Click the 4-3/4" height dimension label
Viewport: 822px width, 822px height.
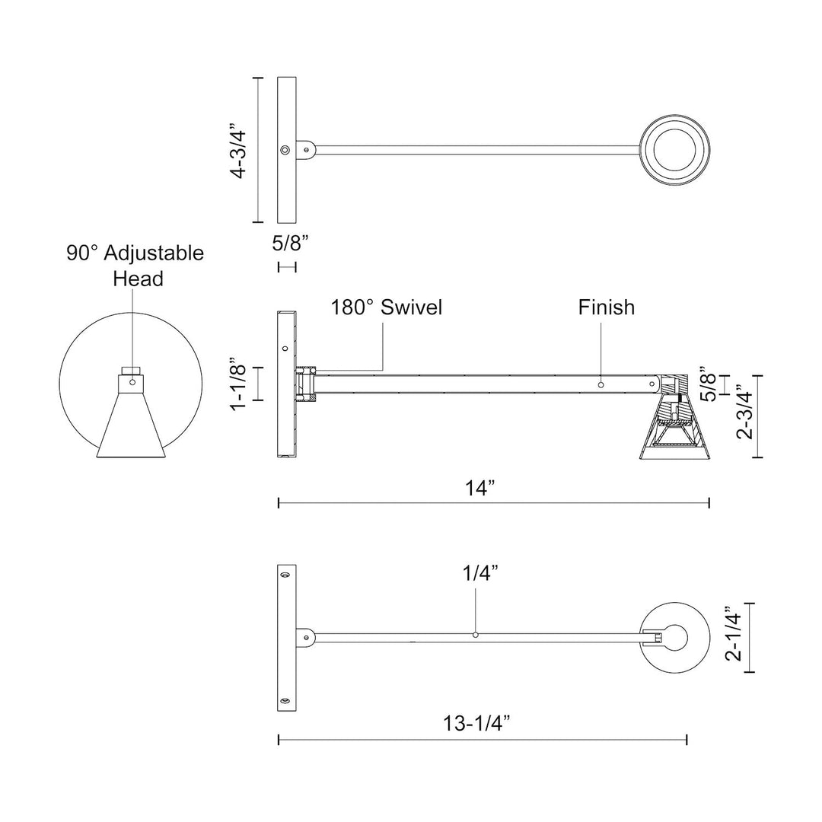[x=239, y=150]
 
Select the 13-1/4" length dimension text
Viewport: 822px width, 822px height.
[x=476, y=724]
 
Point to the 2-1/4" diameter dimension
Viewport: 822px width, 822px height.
[x=732, y=636]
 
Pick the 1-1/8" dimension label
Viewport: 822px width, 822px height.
[x=239, y=384]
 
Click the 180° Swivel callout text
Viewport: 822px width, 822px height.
[x=386, y=307]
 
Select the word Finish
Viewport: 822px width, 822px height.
[x=606, y=307]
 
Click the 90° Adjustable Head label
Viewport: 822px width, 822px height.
[x=135, y=265]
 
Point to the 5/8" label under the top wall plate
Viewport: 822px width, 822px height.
[x=289, y=244]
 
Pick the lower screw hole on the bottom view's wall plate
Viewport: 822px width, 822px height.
[x=285, y=700]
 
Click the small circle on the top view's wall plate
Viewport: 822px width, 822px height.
[x=285, y=150]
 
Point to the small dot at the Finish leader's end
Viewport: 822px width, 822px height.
[x=601, y=384]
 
